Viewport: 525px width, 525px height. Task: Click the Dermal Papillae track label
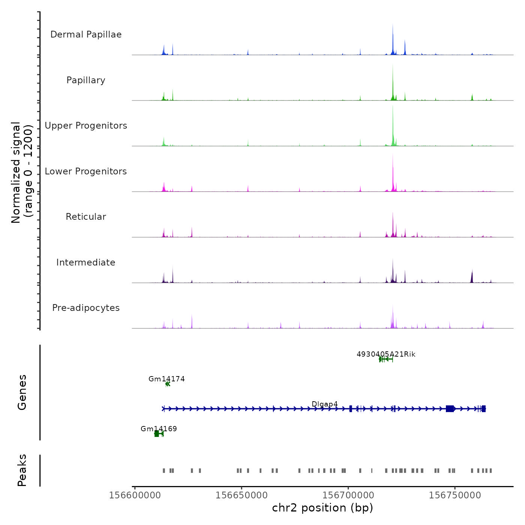point(86,34)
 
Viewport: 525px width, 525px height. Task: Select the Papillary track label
point(86,80)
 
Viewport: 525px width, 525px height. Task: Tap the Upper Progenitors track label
point(86,126)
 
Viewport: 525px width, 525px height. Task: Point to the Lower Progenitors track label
point(86,171)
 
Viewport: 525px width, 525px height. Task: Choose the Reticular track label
point(86,217)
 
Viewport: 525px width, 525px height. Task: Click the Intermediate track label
point(86,262)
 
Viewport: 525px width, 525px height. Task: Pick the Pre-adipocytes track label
point(86,308)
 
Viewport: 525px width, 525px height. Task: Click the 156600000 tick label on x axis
point(135,495)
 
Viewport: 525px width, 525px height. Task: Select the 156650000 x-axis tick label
point(241,495)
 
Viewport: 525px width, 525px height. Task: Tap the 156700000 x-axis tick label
point(348,495)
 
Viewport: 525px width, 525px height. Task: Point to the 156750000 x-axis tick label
point(455,495)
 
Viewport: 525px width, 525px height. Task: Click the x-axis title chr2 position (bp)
point(322,508)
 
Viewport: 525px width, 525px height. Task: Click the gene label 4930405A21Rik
point(386,354)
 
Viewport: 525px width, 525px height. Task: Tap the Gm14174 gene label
point(166,379)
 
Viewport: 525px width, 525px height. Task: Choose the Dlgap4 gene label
point(325,404)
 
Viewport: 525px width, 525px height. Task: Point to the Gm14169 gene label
point(159,429)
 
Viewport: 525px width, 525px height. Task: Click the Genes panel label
point(22,392)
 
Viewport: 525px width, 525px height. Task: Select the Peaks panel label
point(22,470)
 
